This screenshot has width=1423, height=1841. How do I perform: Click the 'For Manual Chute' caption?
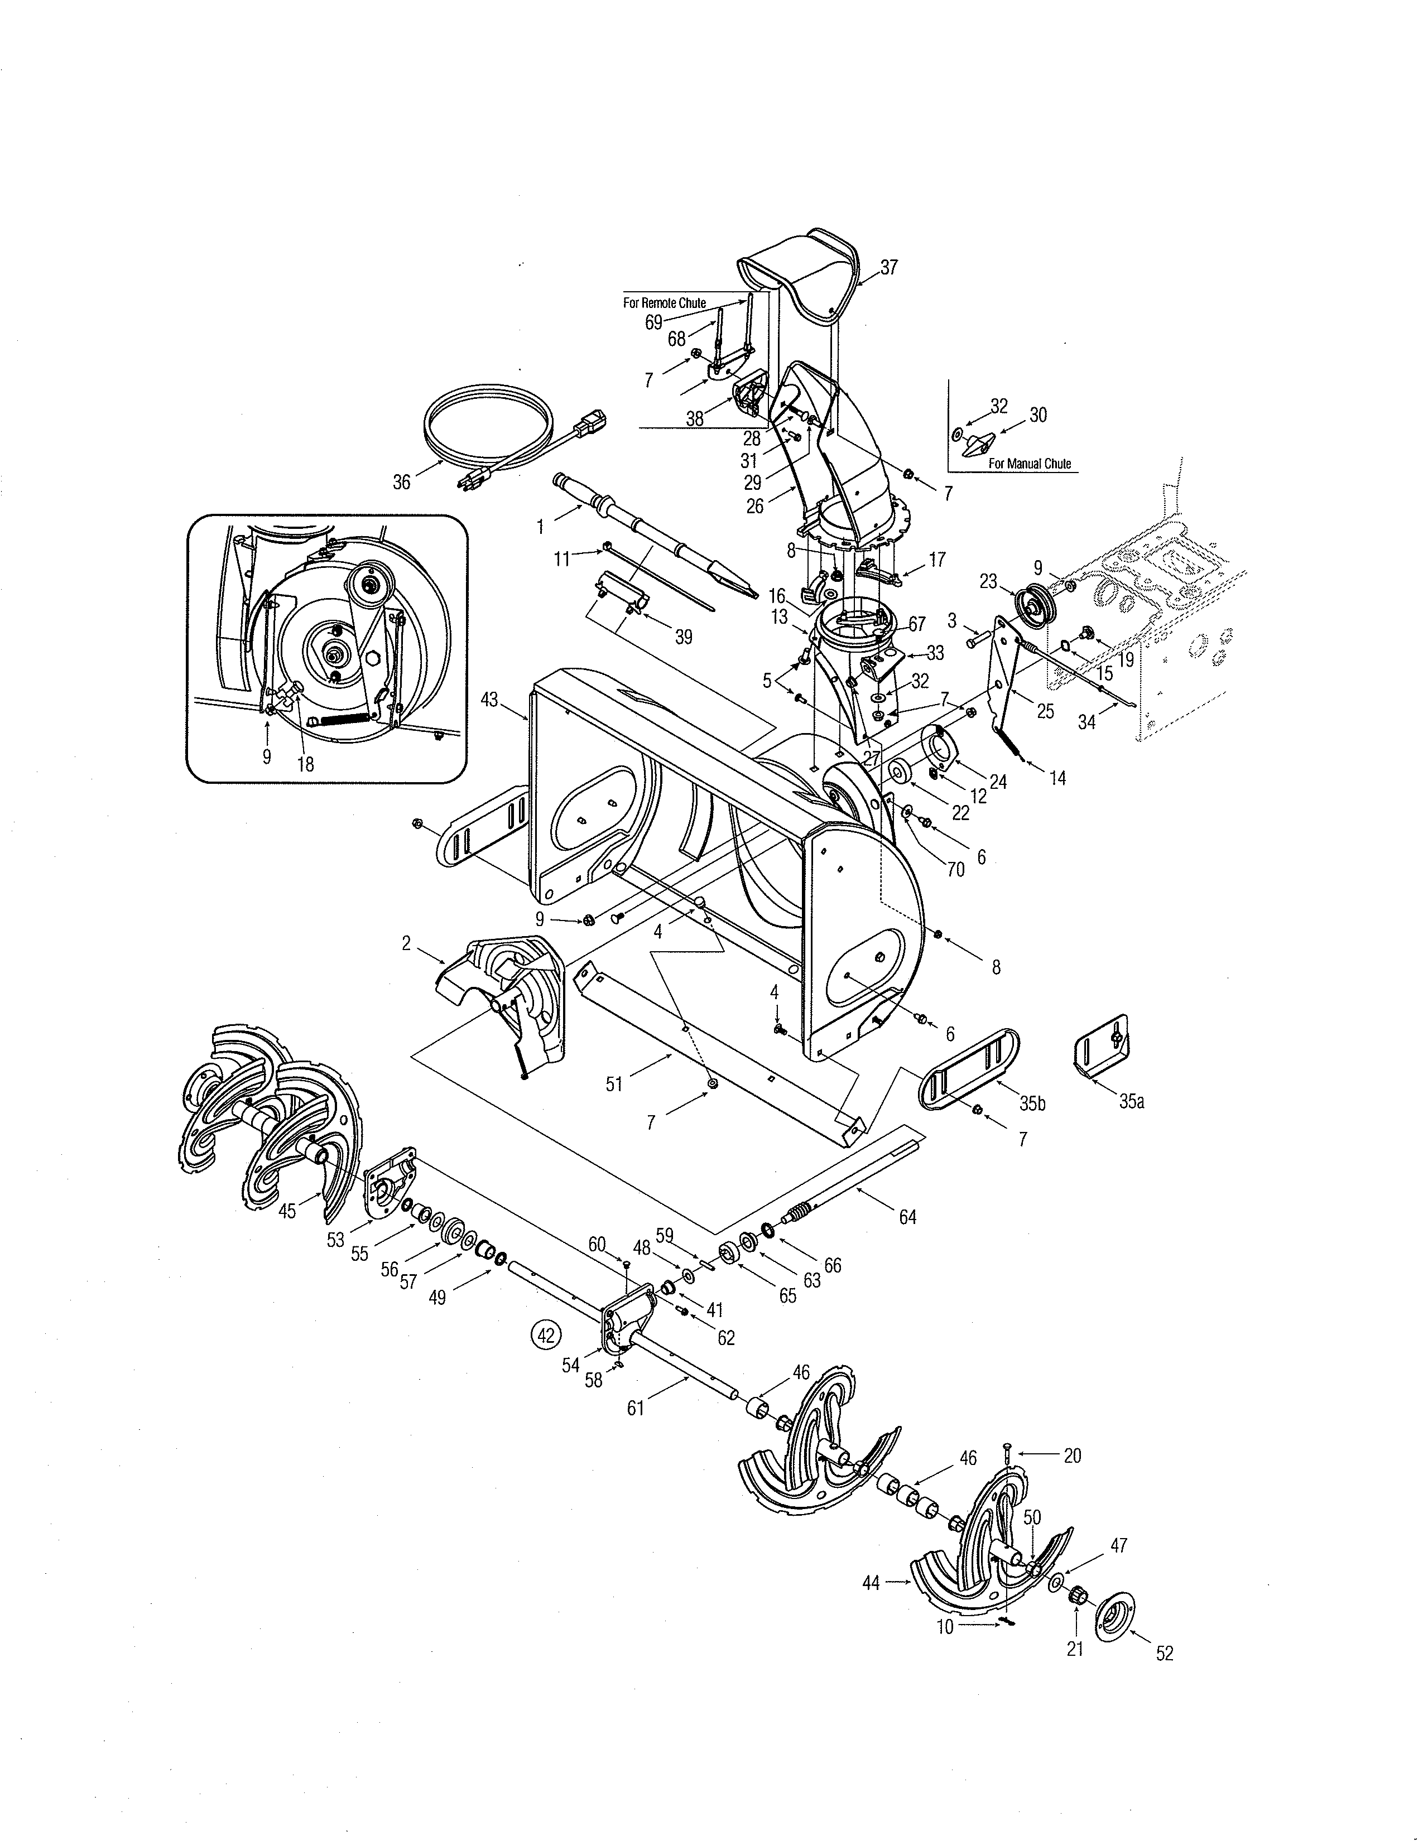pos(1030,464)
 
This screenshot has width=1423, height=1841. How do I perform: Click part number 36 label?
pos(402,482)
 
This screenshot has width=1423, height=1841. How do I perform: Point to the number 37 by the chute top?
pos(888,268)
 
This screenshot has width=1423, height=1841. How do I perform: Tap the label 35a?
pos(1131,1101)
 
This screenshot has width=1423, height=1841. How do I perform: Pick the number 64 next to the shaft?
pos(907,1217)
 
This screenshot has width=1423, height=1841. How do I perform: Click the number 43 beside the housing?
pos(489,700)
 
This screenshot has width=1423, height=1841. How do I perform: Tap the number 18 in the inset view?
pos(305,764)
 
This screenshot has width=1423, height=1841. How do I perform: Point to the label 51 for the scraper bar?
pos(614,1084)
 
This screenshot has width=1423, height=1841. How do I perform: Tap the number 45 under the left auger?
pos(287,1211)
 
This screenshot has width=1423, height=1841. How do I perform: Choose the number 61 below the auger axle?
pos(635,1408)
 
